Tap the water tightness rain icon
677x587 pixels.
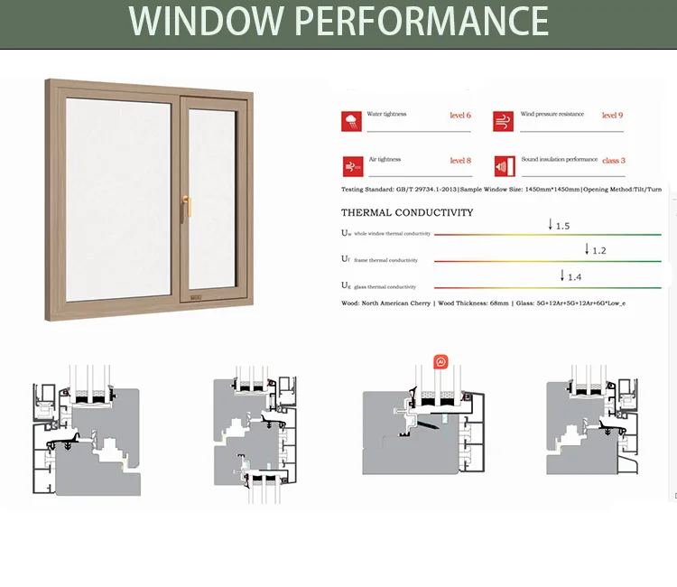[x=352, y=121]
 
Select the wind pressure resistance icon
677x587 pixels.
[x=504, y=121]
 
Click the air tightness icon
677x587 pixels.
[x=352, y=166]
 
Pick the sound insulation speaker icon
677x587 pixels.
[x=504, y=166]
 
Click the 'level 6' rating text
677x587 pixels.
[x=460, y=116]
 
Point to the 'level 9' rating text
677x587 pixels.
[x=612, y=116]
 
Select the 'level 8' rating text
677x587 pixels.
[x=460, y=161]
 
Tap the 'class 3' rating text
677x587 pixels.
[x=613, y=161]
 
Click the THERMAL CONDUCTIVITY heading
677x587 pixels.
[x=407, y=213]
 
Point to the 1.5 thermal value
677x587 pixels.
[x=562, y=226]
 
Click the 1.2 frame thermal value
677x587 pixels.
[x=598, y=250]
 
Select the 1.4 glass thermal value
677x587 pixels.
[x=574, y=276]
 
